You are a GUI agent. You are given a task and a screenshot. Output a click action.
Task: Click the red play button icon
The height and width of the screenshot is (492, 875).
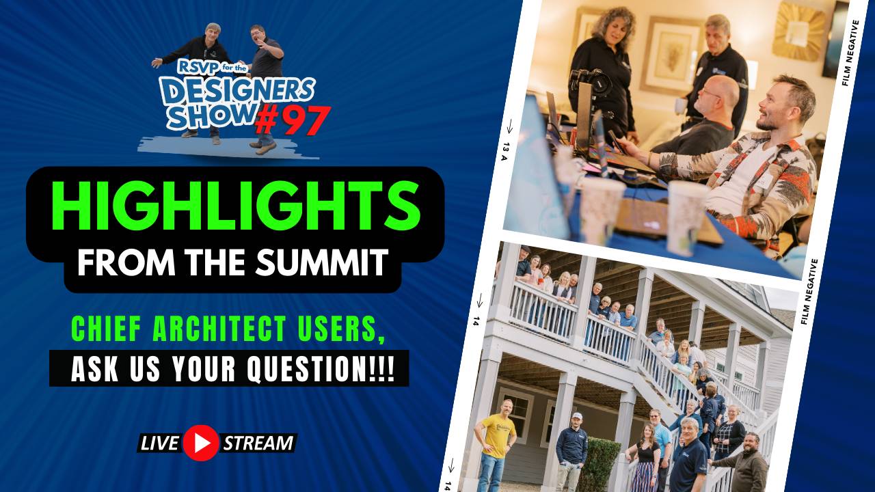tap(201, 443)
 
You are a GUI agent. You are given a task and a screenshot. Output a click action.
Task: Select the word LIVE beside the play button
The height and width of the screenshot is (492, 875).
tap(160, 443)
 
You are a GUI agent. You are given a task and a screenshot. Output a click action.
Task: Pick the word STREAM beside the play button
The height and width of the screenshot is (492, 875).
tap(258, 443)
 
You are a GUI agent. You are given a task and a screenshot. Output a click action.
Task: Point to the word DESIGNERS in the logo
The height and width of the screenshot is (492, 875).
tap(237, 90)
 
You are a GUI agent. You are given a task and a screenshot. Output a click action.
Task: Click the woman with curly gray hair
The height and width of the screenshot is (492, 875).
tap(604, 61)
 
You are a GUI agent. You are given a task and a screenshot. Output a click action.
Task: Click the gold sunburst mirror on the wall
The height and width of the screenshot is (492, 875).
tap(798, 31)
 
